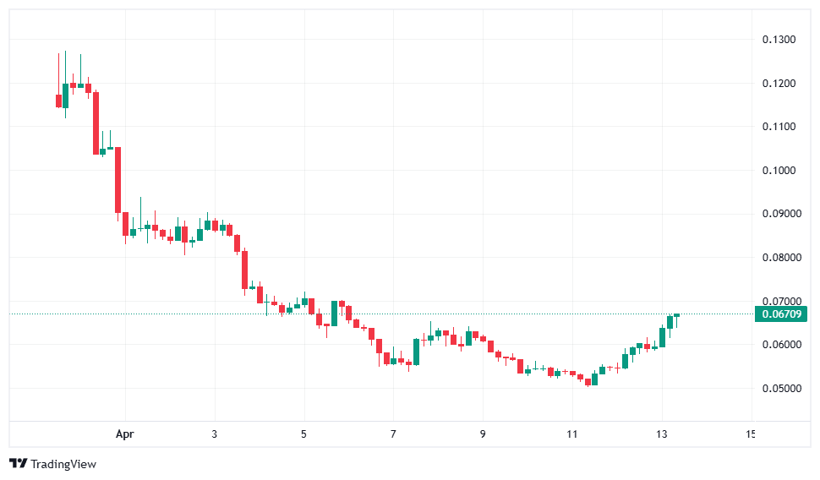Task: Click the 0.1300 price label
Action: [779, 40]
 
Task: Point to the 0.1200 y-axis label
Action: [779, 84]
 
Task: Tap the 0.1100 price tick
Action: [779, 127]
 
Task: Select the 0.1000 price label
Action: [779, 171]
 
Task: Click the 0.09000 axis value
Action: [782, 214]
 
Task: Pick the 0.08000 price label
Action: [782, 257]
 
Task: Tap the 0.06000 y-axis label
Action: [782, 345]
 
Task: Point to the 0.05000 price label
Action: [782, 389]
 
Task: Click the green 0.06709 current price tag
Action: [781, 314]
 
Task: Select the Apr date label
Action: [125, 434]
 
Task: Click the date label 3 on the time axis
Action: [215, 434]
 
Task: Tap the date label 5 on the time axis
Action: [303, 434]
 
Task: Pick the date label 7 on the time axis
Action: [393, 434]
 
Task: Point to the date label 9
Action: [483, 434]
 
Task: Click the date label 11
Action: [572, 434]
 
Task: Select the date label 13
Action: [662, 434]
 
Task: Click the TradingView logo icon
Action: [19, 463]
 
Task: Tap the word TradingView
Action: [63, 464]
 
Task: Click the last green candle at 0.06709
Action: [676, 315]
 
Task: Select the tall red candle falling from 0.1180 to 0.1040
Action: [96, 123]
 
